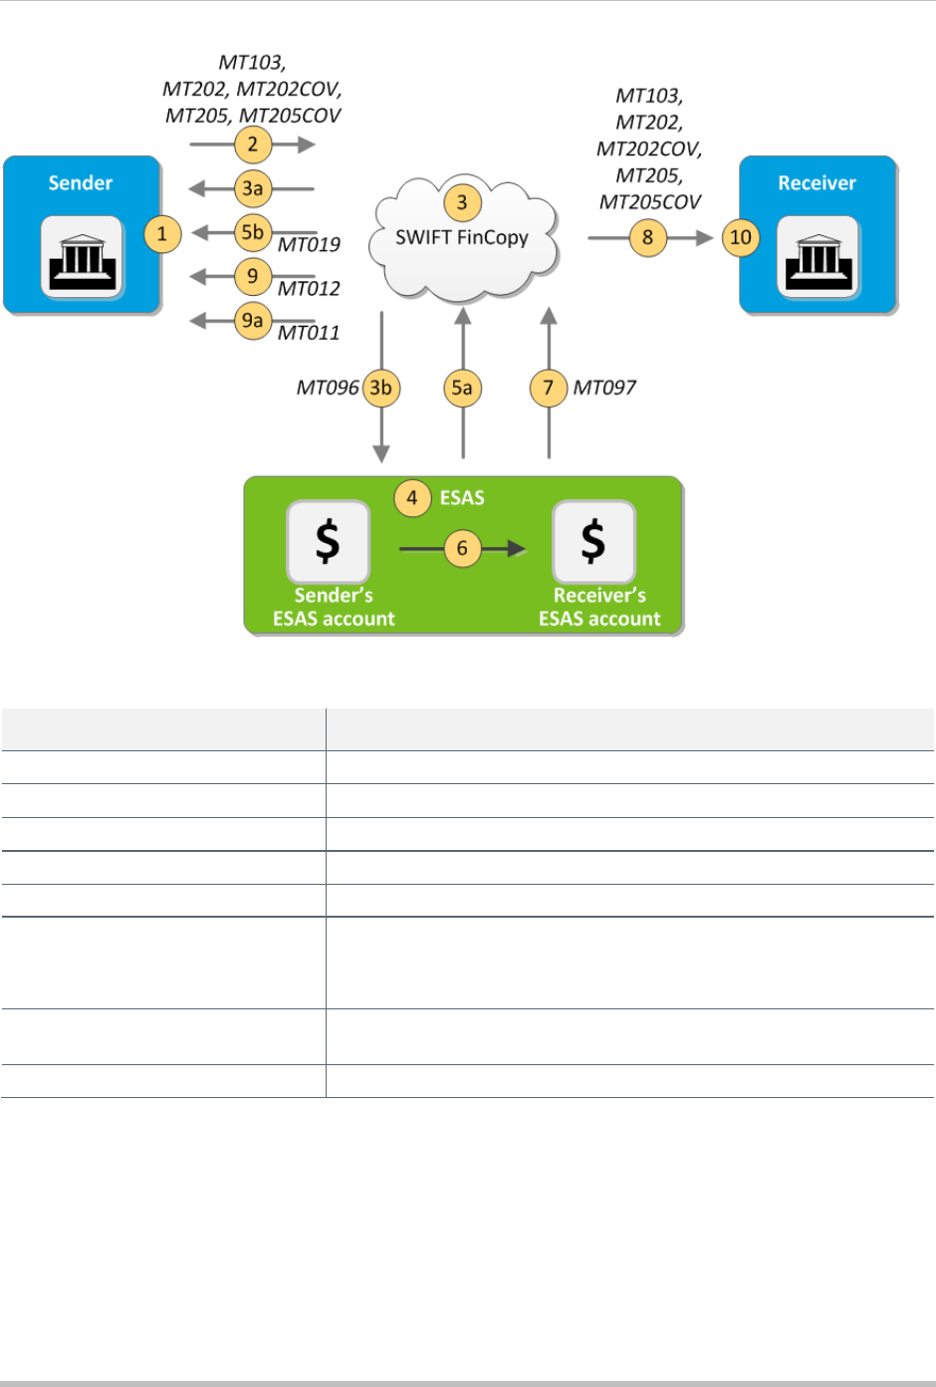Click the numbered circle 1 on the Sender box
(162, 235)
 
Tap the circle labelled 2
(253, 144)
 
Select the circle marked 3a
(253, 188)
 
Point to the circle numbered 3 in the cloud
(462, 203)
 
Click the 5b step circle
(253, 232)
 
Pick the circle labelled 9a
(253, 320)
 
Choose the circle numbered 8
(648, 237)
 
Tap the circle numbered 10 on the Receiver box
(741, 237)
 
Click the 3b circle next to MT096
(380, 388)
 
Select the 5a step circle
(462, 388)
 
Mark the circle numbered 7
(549, 388)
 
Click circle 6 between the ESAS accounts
(462, 548)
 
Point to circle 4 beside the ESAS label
(412, 497)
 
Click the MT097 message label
(604, 388)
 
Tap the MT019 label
(309, 245)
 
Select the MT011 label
(309, 333)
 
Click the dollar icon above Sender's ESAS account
(328, 541)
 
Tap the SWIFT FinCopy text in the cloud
(462, 237)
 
